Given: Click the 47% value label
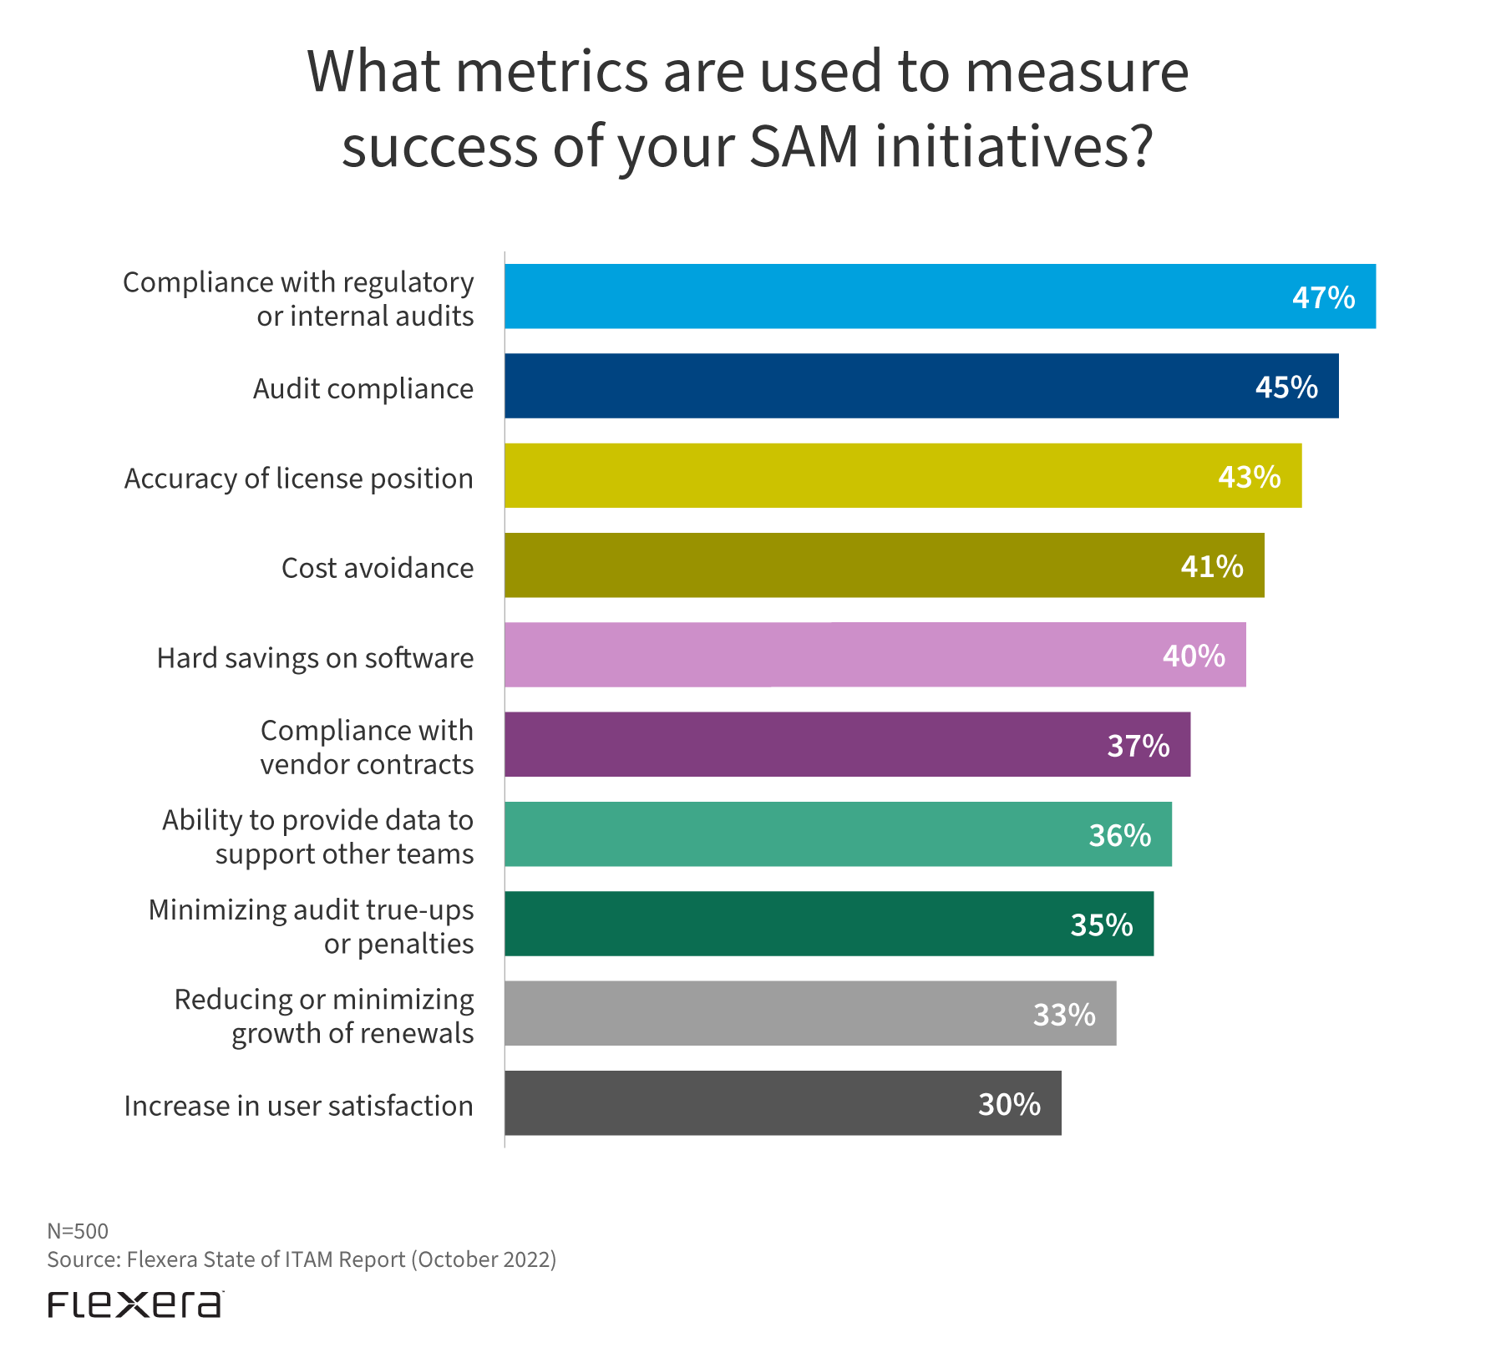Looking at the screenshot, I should click(x=1323, y=297).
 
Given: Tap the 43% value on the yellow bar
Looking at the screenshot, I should click(x=1249, y=477).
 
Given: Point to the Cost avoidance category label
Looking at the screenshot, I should click(x=378, y=568).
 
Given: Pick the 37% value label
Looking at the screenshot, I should click(x=1138, y=745).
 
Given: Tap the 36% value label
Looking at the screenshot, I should click(x=1119, y=835).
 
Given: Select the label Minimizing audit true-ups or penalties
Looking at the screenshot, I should click(x=311, y=926).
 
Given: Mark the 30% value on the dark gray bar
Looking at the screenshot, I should click(x=1009, y=1104).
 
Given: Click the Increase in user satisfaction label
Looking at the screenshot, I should click(x=298, y=1106).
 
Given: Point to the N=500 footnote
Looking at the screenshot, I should click(x=78, y=1231).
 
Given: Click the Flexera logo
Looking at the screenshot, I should click(x=135, y=1305).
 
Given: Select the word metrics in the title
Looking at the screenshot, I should click(x=551, y=72).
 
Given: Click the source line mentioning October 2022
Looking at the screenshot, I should click(x=302, y=1259).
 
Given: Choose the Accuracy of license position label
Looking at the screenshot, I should click(x=298, y=479).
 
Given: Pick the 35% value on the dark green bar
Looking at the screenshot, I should click(x=1101, y=925).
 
